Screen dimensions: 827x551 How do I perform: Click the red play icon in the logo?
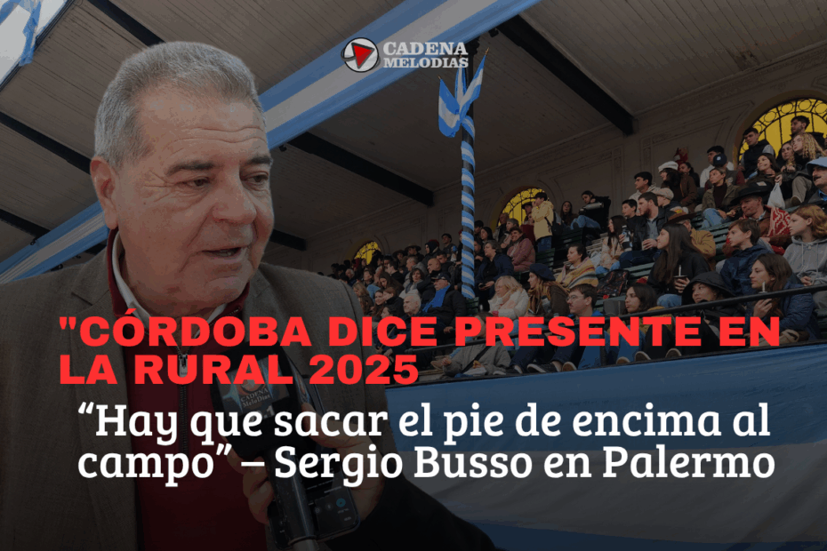click(361, 54)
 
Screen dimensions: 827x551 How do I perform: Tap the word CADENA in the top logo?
click(425, 49)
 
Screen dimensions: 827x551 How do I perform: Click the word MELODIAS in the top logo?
click(425, 62)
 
